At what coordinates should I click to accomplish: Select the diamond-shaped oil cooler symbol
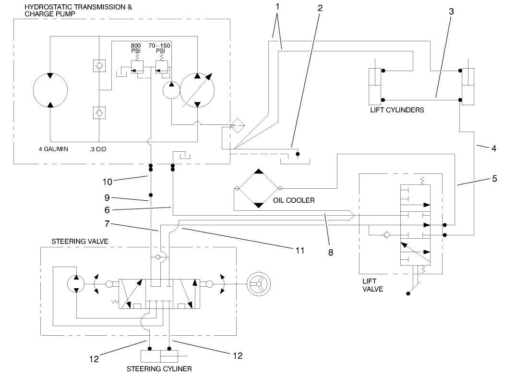[258, 188]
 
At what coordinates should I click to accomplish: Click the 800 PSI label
[135, 48]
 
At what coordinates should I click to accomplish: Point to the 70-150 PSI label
[160, 48]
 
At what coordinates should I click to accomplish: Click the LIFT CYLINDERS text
[397, 110]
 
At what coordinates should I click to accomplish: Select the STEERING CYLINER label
[159, 369]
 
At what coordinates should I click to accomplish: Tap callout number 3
[451, 12]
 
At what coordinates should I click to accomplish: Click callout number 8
[330, 252]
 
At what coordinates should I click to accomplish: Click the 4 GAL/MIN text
[53, 149]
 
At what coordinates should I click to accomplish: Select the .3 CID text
[97, 149]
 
